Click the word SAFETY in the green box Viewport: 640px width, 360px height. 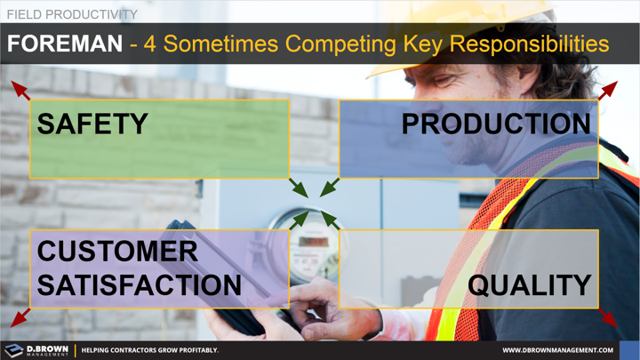[92, 124]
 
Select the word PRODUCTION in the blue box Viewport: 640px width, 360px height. [496, 124]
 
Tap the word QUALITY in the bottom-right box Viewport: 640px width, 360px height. [530, 284]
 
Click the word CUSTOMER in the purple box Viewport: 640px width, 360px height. [117, 252]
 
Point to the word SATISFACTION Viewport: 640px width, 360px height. [139, 284]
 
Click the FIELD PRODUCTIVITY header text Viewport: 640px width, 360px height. [72, 14]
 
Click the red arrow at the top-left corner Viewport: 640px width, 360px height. [20, 90]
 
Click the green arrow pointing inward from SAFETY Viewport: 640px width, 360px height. [298, 188]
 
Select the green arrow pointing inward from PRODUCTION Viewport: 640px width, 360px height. [329, 188]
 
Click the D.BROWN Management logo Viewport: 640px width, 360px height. [36, 349]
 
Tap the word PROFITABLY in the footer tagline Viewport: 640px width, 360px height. [192, 350]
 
